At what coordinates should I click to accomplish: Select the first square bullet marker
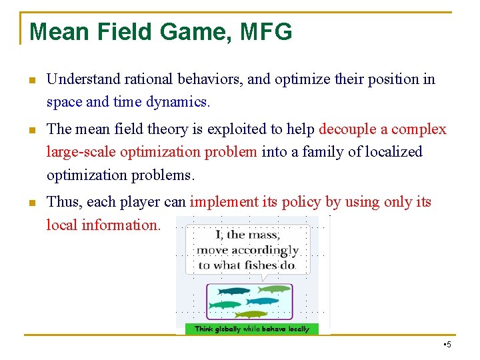click(x=31, y=81)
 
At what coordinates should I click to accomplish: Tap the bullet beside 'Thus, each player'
click(x=31, y=203)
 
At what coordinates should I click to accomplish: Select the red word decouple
click(x=353, y=129)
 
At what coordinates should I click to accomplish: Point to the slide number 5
click(x=447, y=344)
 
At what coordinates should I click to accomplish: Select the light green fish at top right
click(x=274, y=289)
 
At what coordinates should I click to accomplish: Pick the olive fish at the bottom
click(x=251, y=314)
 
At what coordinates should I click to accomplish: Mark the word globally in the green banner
click(x=228, y=329)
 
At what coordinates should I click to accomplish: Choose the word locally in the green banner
click(x=295, y=329)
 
